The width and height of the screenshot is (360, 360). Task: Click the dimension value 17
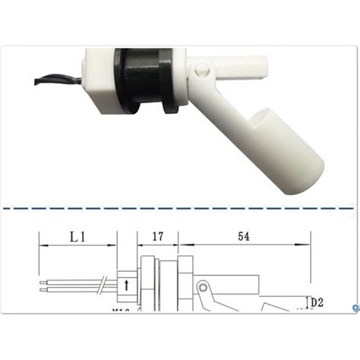[x=158, y=236]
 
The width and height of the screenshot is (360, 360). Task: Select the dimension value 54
[x=243, y=236]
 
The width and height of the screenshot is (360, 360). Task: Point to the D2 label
[x=316, y=302]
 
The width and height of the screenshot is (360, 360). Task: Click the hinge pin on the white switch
[x=201, y=70]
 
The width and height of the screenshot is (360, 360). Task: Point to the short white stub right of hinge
[x=251, y=64]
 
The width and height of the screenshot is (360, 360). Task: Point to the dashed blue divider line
[x=180, y=206]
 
